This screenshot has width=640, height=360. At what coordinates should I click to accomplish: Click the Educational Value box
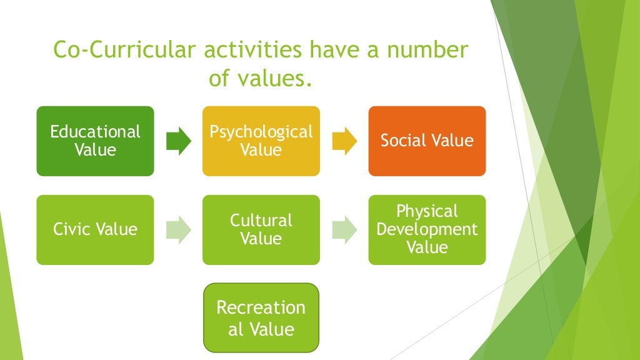95,141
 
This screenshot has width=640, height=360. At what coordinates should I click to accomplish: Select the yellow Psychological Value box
261,141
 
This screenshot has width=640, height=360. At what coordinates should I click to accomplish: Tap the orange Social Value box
427,141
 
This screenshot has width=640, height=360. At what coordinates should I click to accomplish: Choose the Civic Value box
95,229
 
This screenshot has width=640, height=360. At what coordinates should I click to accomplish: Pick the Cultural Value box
261,229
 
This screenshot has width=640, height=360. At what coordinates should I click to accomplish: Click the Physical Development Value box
427,229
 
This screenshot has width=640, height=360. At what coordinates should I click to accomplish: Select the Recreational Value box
261,317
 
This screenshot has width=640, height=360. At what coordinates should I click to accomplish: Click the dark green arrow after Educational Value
179,141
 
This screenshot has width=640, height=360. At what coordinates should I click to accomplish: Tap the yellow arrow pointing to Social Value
344,141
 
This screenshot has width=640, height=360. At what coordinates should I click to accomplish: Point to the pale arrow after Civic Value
179,229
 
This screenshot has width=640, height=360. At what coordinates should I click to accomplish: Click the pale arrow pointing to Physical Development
344,229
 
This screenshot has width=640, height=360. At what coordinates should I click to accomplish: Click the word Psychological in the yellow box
261,132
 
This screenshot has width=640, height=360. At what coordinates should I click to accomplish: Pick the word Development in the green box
427,229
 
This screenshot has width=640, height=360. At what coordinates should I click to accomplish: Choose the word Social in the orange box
402,141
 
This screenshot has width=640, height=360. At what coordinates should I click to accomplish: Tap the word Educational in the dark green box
95,132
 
